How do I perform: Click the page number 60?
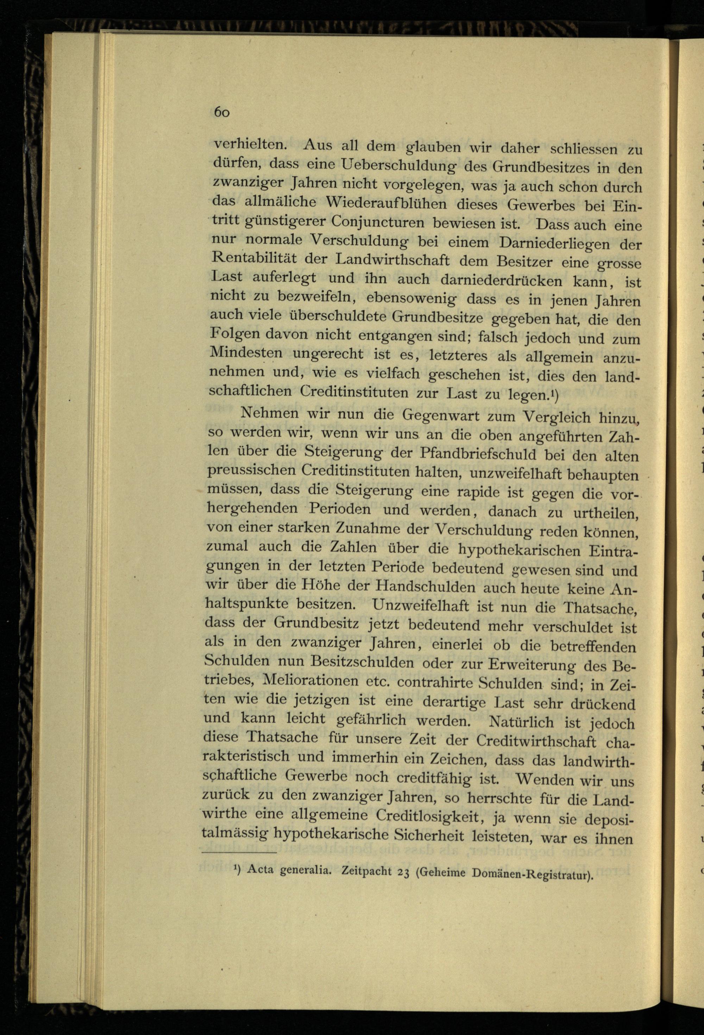pos(221,112)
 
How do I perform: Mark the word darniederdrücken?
pos(501,280)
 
